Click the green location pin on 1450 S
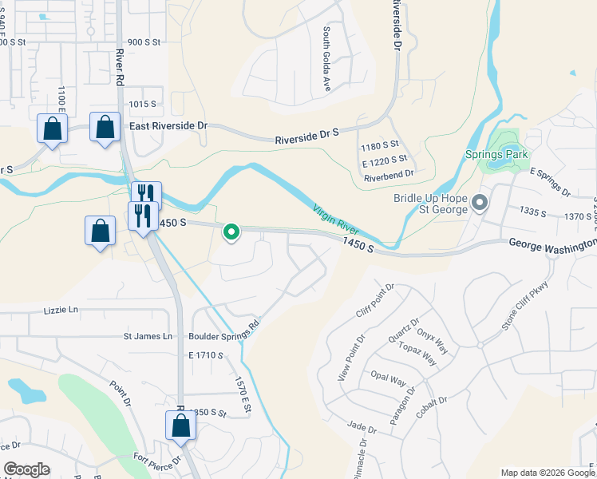pos(231,232)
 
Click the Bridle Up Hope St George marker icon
pos(480,203)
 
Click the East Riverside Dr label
pos(168,126)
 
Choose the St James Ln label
pos(148,337)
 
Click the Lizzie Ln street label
pos(62,310)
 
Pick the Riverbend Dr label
pos(388,172)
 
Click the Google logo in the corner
pos(26,469)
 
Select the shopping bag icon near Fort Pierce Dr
pos(181,424)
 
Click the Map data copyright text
pos(548,473)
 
